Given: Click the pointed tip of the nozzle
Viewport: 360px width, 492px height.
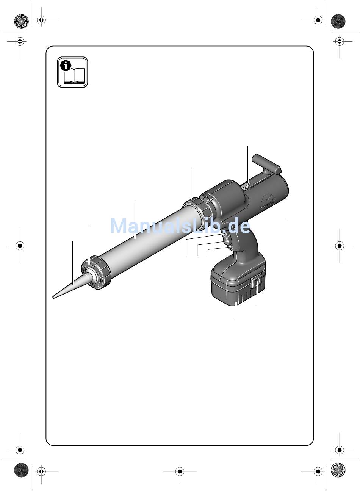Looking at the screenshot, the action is [53, 298].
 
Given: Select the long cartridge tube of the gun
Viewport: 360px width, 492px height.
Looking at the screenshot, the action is [149, 237].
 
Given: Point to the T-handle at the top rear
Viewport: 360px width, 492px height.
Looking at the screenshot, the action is [267, 164].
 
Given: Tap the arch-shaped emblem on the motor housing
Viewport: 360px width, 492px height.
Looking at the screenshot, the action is [268, 202].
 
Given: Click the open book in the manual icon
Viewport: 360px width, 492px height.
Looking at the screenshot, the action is [74, 76].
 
